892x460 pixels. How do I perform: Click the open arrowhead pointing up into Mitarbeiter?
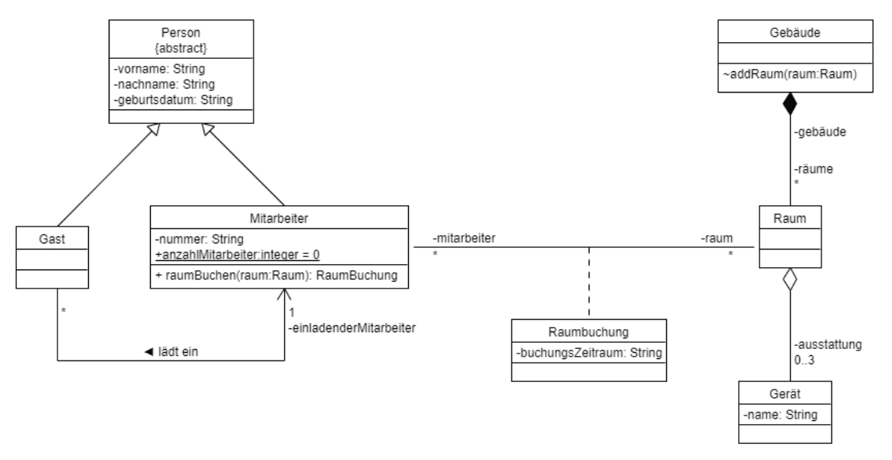[x=285, y=295]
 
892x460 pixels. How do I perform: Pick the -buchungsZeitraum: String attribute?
[x=588, y=354]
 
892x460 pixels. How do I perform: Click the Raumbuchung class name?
[x=588, y=334]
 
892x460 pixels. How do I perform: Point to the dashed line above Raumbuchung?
[x=589, y=282]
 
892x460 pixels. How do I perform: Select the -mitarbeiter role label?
[x=462, y=238]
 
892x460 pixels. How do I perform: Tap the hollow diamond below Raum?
[x=789, y=279]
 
